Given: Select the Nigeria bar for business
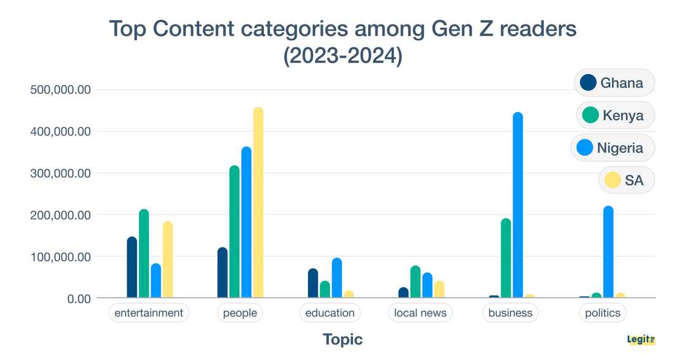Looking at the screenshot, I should pos(518,206).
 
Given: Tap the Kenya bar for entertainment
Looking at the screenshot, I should pos(144,254).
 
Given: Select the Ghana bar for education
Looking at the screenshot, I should pos(313,283).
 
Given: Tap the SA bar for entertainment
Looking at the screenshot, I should pos(168,260).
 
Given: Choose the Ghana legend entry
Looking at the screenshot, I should pos(614,83).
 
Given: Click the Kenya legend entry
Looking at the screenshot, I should pos(615,115).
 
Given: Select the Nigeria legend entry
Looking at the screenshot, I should pos(612,148).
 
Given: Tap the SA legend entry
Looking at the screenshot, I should pos(626,180).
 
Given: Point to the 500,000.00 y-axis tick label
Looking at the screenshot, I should pos(60,90).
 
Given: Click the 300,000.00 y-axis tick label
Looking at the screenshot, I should pos(60,173).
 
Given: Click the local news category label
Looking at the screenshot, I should pos(420,313).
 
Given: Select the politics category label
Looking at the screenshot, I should pos(603,313).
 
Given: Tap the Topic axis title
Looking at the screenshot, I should pos(342,339).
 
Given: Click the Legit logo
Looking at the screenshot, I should pos(641,339).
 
